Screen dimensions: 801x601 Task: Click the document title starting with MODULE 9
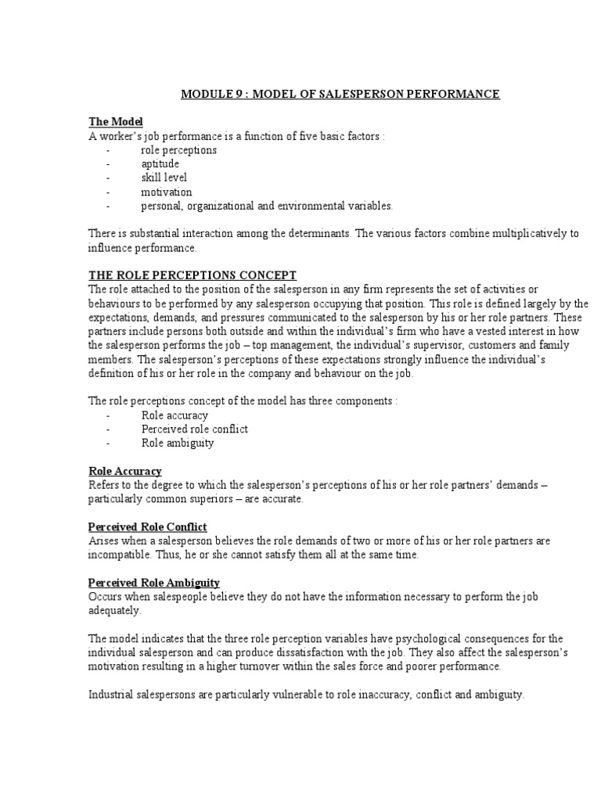pos(340,95)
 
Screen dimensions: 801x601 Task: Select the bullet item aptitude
pos(160,163)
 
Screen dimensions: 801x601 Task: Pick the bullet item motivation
pos(166,192)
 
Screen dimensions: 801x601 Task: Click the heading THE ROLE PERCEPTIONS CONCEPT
pos(192,275)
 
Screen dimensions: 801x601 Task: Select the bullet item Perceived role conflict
pos(194,429)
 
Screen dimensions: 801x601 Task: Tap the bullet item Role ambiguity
pos(177,444)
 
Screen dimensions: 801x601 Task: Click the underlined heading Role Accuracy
pos(124,471)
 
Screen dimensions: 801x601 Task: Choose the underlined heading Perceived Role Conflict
pos(147,527)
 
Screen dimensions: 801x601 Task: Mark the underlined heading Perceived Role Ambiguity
pos(153,583)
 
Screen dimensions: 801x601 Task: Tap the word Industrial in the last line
pos(110,695)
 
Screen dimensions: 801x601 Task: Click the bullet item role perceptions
pos(178,149)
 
